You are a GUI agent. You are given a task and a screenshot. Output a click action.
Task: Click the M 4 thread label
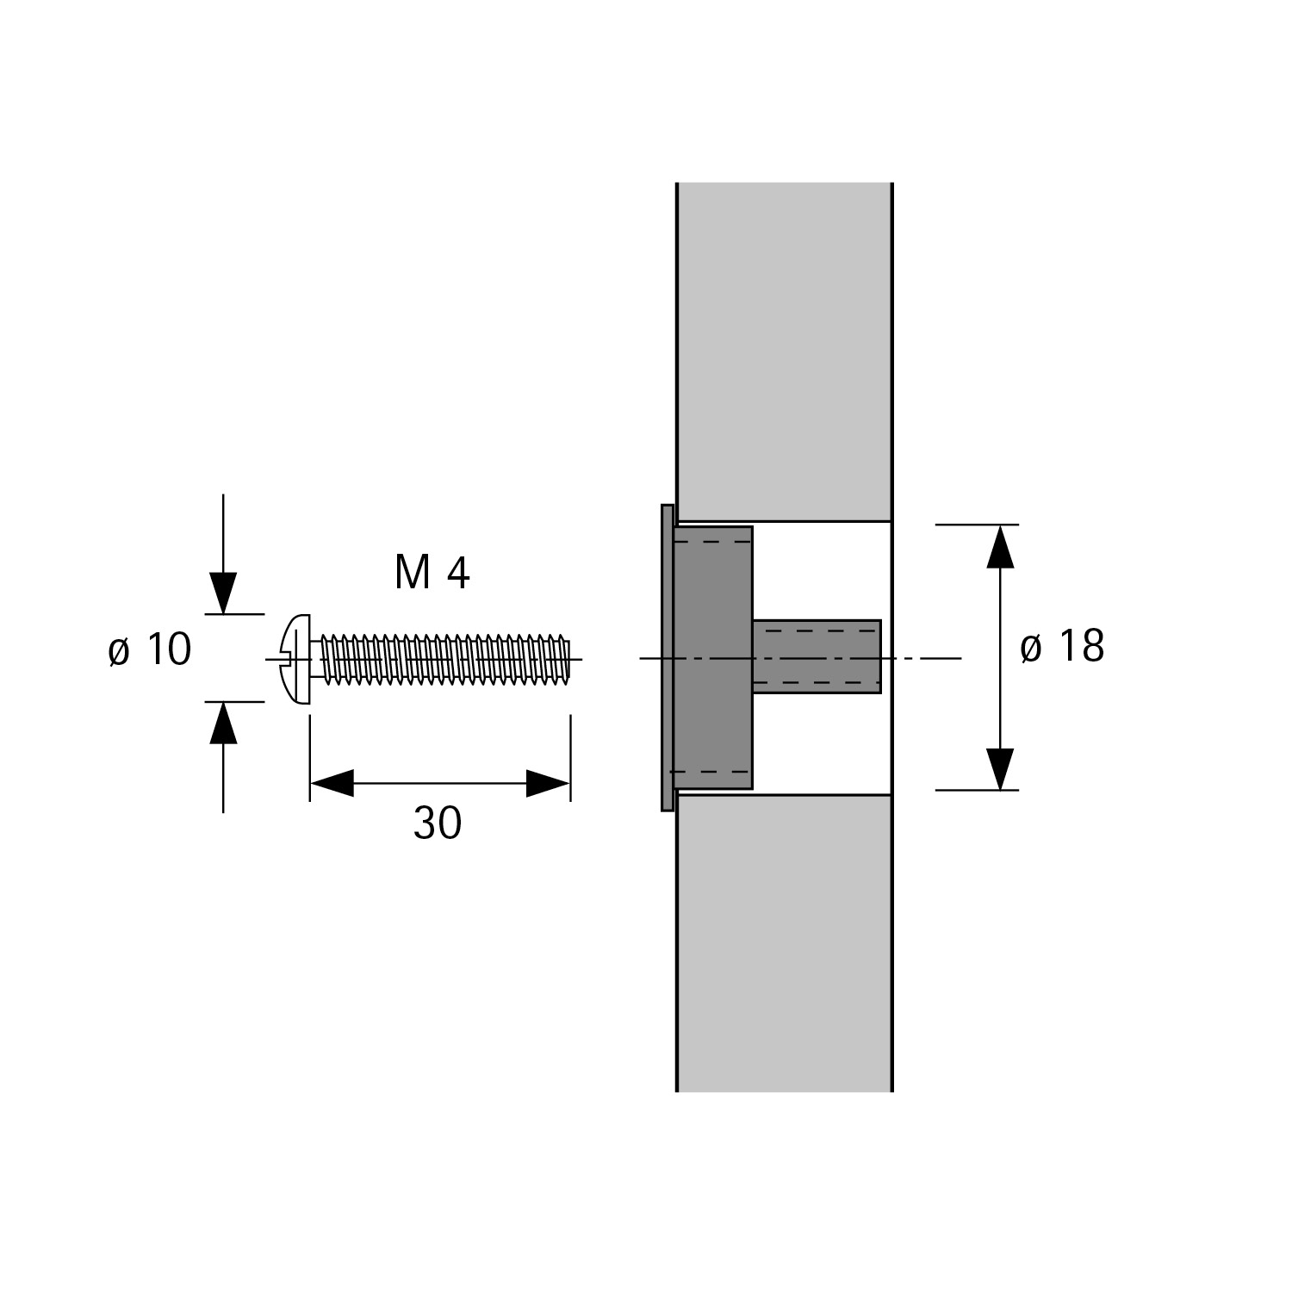tap(432, 573)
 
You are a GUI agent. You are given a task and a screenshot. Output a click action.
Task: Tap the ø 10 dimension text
tap(150, 649)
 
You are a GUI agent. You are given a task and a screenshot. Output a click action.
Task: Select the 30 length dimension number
tap(438, 823)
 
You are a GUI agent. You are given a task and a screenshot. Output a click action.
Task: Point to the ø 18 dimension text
tap(1062, 646)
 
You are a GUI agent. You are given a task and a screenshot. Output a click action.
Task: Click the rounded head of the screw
tap(298, 659)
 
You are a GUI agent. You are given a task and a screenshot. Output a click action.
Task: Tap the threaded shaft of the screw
tap(444, 660)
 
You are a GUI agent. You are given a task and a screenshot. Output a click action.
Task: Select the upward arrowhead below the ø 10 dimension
tap(223, 723)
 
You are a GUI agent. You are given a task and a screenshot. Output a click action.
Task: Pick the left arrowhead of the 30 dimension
tap(332, 784)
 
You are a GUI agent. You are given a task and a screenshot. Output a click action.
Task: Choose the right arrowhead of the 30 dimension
tap(548, 784)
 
